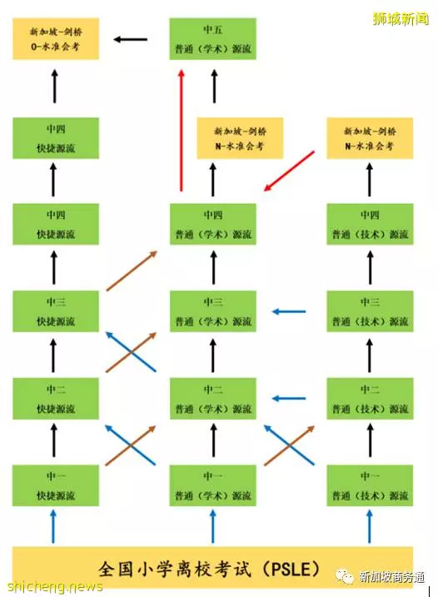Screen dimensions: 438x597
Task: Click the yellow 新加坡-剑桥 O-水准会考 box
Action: point(56,39)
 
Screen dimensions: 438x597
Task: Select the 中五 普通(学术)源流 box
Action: point(212,39)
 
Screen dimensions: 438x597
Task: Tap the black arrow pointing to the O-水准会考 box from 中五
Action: point(130,39)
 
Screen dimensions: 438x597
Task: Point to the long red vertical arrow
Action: point(182,130)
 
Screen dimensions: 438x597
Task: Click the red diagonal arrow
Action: point(289,171)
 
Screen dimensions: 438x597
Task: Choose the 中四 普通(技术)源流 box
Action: point(370,224)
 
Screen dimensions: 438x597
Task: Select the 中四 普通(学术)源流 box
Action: point(213,224)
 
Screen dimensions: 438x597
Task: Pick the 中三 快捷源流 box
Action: point(56,311)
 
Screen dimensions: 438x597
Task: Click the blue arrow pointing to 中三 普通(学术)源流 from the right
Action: point(289,311)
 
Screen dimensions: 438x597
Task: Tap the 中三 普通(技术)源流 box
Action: point(370,311)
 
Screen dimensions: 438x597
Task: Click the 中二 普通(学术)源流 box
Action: point(213,399)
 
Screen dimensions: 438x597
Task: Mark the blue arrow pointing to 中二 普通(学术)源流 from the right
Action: point(289,399)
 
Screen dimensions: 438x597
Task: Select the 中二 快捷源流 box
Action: point(56,399)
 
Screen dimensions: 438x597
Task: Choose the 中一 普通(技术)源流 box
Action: point(370,485)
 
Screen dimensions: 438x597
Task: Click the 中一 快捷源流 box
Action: point(56,485)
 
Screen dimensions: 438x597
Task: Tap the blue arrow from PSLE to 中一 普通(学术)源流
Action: point(213,526)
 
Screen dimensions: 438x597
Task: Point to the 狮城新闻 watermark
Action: point(401,18)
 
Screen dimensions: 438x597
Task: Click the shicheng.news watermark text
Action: point(55,586)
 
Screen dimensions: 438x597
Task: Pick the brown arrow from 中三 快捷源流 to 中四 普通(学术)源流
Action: point(132,271)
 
